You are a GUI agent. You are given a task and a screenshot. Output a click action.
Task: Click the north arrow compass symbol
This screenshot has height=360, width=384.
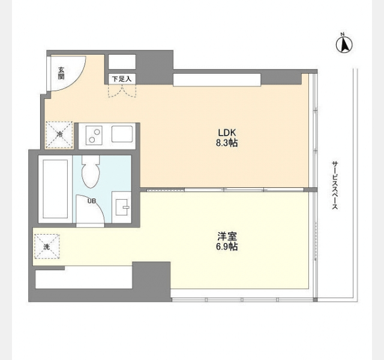pyautogui.click(x=344, y=44)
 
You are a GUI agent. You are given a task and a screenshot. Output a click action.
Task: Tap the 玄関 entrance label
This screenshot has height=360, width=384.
pyautogui.click(x=61, y=73)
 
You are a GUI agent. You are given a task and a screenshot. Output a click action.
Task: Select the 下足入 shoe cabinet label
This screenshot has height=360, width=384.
pyautogui.click(x=122, y=79)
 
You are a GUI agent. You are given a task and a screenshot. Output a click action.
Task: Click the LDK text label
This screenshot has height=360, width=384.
pyautogui.click(x=227, y=133)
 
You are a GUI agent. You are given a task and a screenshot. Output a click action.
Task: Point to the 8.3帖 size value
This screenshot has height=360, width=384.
pyautogui.click(x=227, y=143)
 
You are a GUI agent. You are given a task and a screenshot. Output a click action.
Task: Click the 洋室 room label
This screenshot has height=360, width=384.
pyautogui.click(x=227, y=236)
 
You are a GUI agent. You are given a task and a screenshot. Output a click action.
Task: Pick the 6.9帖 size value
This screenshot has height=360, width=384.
pyautogui.click(x=227, y=247)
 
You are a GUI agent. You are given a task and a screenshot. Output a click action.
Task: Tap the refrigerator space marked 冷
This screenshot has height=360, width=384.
pyautogui.click(x=59, y=135)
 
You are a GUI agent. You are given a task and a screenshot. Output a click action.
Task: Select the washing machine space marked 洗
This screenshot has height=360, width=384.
pyautogui.click(x=47, y=247)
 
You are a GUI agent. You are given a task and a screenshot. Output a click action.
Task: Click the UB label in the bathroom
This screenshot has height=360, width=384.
pyautogui.click(x=92, y=201)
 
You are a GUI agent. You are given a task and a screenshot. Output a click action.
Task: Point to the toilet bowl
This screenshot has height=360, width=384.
pyautogui.click(x=91, y=172)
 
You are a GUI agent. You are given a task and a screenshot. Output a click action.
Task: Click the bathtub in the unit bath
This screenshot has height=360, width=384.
pyautogui.click(x=55, y=189)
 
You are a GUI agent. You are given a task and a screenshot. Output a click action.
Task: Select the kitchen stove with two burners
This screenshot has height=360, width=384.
pyautogui.click(x=94, y=136)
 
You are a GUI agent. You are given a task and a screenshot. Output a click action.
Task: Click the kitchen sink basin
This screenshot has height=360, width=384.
pyautogui.click(x=122, y=134)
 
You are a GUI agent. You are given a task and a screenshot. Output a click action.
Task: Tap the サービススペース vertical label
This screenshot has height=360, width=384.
pyautogui.click(x=335, y=185)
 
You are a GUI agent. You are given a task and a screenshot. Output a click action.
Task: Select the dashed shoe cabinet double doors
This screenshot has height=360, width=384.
pyautogui.click(x=122, y=91)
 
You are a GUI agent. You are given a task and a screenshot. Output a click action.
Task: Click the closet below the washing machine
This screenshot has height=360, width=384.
pyautogui.click(x=84, y=277)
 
